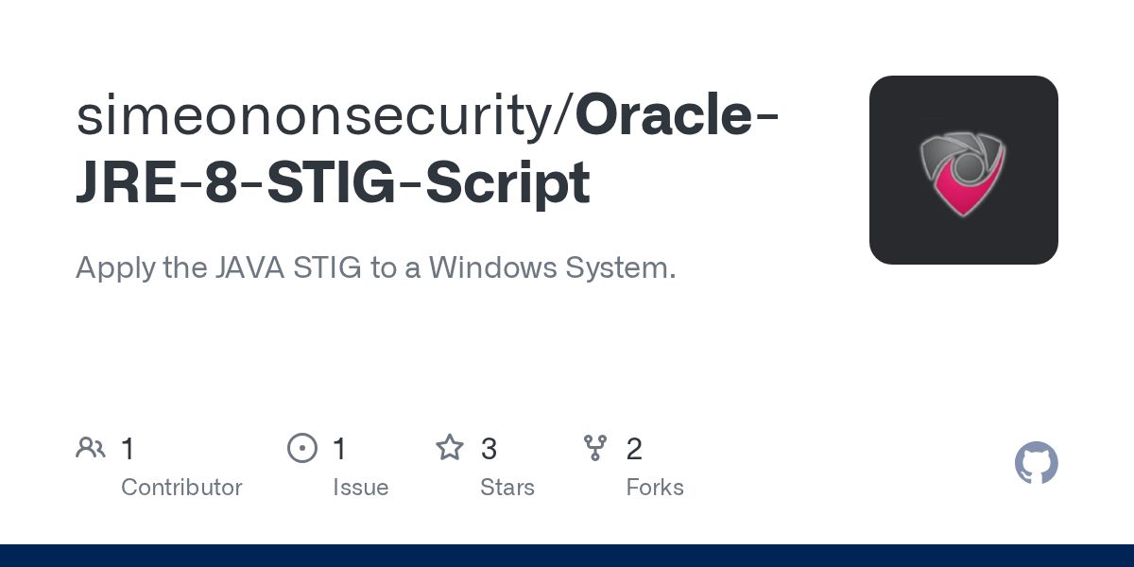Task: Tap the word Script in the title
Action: coord(507,184)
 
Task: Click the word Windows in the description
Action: coord(491,267)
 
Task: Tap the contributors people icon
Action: coord(91,448)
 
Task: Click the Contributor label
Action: coord(181,488)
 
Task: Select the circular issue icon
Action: coord(302,448)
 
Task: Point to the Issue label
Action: coord(360,488)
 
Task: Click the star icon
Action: coord(450,448)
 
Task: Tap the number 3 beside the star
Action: coord(489,449)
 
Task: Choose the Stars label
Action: coord(507,488)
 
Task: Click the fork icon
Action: coord(595,448)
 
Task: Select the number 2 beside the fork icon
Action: coord(634,449)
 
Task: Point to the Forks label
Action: coord(655,488)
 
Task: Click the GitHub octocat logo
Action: coord(1037,463)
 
